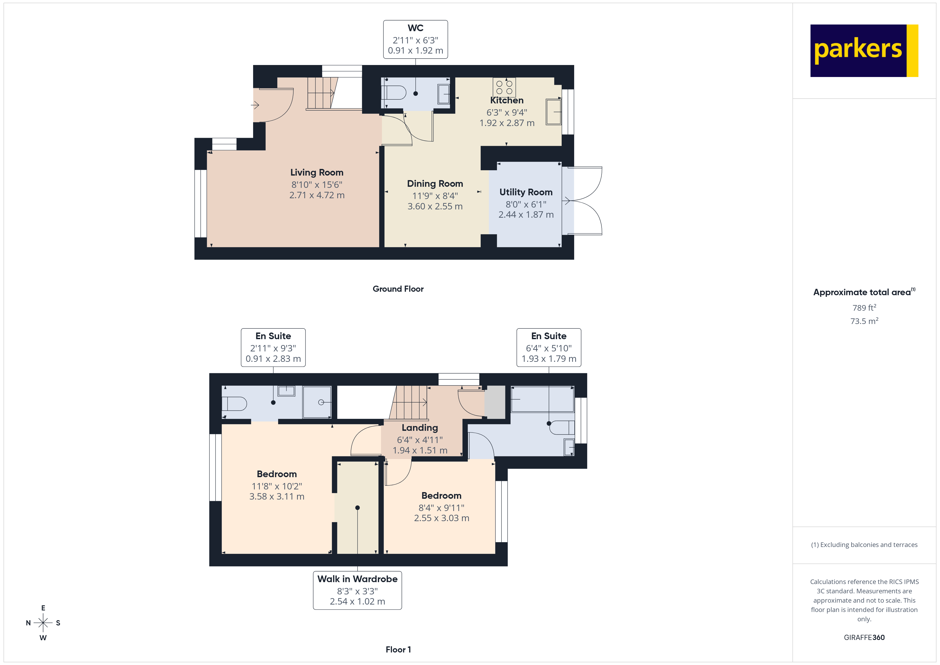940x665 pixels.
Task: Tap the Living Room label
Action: click(317, 172)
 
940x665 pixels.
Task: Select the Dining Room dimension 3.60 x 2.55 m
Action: click(435, 206)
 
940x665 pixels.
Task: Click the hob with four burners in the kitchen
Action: click(504, 87)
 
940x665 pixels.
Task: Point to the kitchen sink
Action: click(553, 111)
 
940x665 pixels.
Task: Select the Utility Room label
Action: click(526, 192)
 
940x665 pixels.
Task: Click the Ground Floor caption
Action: click(398, 289)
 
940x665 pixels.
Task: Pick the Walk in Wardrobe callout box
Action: click(357, 590)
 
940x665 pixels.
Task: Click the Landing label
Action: click(420, 428)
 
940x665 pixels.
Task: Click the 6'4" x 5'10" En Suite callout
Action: click(549, 347)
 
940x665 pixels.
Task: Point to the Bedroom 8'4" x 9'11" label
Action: click(441, 496)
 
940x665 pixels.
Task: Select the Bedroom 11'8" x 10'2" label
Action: click(277, 474)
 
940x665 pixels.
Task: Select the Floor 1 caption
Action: click(398, 650)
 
